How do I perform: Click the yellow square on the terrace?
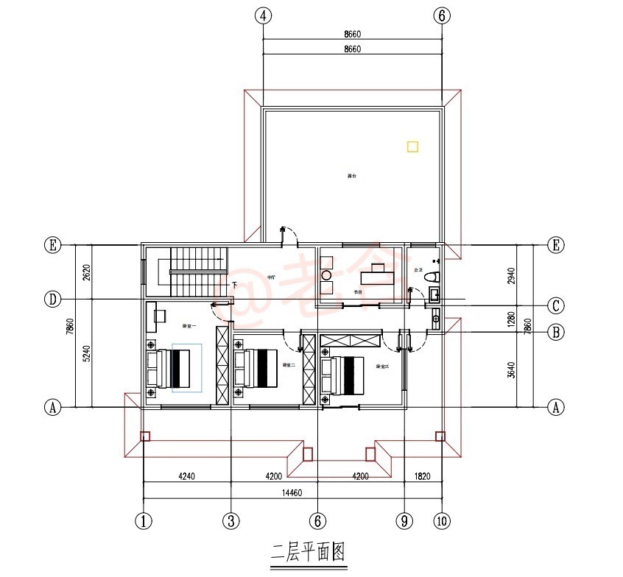[412, 146]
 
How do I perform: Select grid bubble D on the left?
[52, 299]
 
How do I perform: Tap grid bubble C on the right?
[557, 305]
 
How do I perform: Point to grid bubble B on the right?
[557, 332]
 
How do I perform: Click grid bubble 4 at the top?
[263, 15]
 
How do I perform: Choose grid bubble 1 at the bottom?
[144, 521]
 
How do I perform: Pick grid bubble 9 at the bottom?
[404, 521]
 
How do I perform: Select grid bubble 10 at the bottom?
[440, 521]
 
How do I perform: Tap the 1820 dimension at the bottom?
[423, 476]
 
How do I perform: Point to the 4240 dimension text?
[186, 476]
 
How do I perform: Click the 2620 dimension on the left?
[86, 272]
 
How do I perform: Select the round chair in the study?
[326, 276]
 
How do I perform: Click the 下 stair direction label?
[234, 285]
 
